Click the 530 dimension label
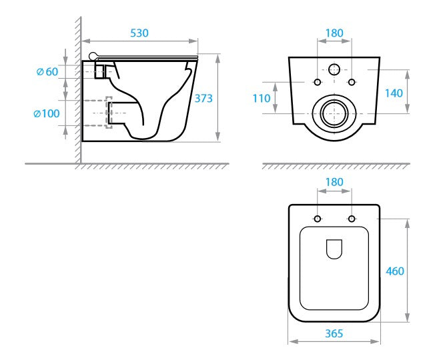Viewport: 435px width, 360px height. click(x=139, y=33)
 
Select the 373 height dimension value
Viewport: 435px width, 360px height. click(x=203, y=99)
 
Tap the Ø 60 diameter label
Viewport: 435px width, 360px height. click(x=47, y=72)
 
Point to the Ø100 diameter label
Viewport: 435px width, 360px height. click(x=47, y=113)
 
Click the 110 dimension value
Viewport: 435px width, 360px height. click(x=262, y=99)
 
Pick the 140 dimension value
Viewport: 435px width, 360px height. click(x=394, y=93)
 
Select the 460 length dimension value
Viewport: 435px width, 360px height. click(x=395, y=271)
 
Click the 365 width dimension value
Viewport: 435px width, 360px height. click(x=334, y=333)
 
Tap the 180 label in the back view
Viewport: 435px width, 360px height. click(x=334, y=33)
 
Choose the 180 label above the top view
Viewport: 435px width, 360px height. click(x=334, y=183)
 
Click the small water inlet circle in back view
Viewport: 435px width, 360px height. click(x=334, y=69)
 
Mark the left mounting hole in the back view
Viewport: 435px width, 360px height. click(x=318, y=82)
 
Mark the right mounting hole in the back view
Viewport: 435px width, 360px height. click(x=352, y=82)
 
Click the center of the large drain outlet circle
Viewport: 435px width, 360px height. click(x=334, y=113)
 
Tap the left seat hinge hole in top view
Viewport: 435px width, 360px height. click(x=318, y=219)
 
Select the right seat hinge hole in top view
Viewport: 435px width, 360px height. click(x=352, y=219)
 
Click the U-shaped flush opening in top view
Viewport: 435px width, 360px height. click(x=334, y=249)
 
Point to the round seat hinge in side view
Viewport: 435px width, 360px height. click(x=93, y=56)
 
